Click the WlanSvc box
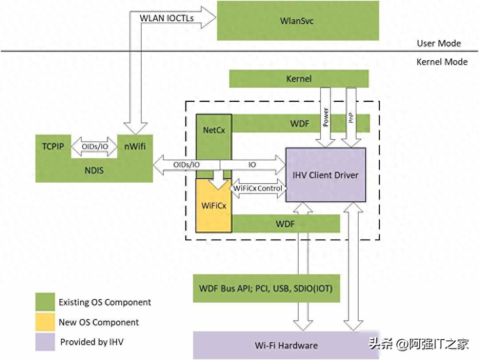(298, 20)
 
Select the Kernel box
(299, 79)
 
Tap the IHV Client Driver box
(326, 175)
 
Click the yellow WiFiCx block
(214, 205)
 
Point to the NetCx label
(214, 129)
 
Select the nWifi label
(134, 147)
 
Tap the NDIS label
(94, 171)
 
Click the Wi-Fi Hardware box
(286, 345)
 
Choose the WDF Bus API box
(266, 288)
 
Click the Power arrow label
(326, 117)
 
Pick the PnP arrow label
(351, 117)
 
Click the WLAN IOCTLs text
(167, 18)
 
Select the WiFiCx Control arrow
(258, 188)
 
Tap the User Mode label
(438, 43)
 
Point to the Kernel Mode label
(442, 62)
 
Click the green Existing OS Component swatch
(45, 302)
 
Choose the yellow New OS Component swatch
(45, 322)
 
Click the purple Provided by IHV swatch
(45, 342)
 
